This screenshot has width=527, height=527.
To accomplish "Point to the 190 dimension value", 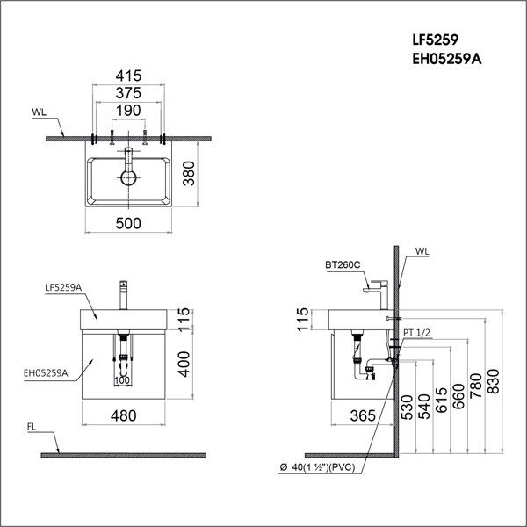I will (129, 111).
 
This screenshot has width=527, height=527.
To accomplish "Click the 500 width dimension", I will (129, 224).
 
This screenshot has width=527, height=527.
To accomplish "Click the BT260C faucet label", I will (340, 263).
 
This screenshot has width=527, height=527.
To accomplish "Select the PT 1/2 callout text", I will (419, 333).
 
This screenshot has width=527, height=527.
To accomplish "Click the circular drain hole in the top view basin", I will (129, 177).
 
